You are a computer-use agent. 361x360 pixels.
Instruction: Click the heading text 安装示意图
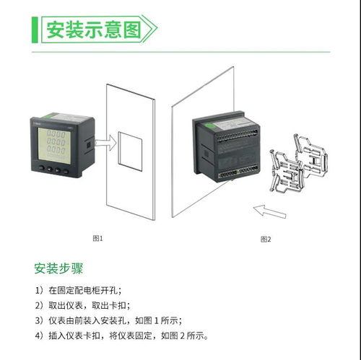point(91,30)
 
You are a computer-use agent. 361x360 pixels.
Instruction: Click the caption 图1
point(98,237)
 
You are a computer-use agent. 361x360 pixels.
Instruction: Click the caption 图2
point(265,238)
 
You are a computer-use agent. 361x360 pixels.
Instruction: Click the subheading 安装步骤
point(58,269)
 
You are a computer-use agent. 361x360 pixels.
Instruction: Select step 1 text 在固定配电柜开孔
point(86,290)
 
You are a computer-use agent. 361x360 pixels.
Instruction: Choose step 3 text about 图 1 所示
point(116,320)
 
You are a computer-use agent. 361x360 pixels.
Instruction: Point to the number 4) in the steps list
point(39,336)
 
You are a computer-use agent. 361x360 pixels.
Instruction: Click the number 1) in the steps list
point(39,290)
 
